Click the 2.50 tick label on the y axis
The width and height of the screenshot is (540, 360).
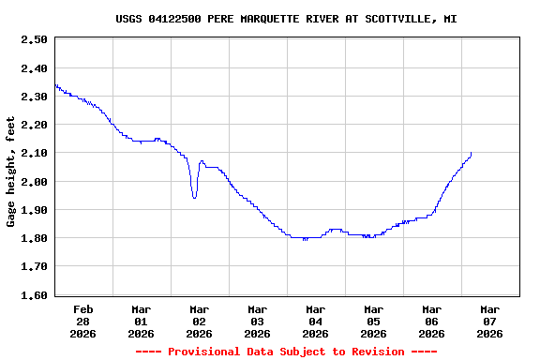pos(34,39)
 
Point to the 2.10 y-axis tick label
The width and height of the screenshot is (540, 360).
pos(34,153)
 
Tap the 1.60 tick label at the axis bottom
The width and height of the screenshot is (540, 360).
pos(34,295)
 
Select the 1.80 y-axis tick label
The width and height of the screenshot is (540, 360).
pos(34,238)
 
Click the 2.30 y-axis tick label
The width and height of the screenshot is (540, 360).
pos(34,97)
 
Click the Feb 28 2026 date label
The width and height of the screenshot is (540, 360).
pos(83,321)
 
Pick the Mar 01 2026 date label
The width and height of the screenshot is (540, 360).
pos(142,321)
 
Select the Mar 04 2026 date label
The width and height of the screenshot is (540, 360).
pos(316,321)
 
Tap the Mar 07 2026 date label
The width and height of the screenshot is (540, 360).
pos(490,321)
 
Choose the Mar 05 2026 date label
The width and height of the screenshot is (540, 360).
pos(374,321)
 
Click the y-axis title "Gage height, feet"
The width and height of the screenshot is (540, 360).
pos(11,172)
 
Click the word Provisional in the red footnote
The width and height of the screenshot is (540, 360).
pos(207,352)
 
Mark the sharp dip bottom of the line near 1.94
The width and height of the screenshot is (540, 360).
pos(194,197)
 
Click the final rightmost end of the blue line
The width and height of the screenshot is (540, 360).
pos(471,152)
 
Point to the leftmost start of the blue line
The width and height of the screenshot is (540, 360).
pos(55,85)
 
